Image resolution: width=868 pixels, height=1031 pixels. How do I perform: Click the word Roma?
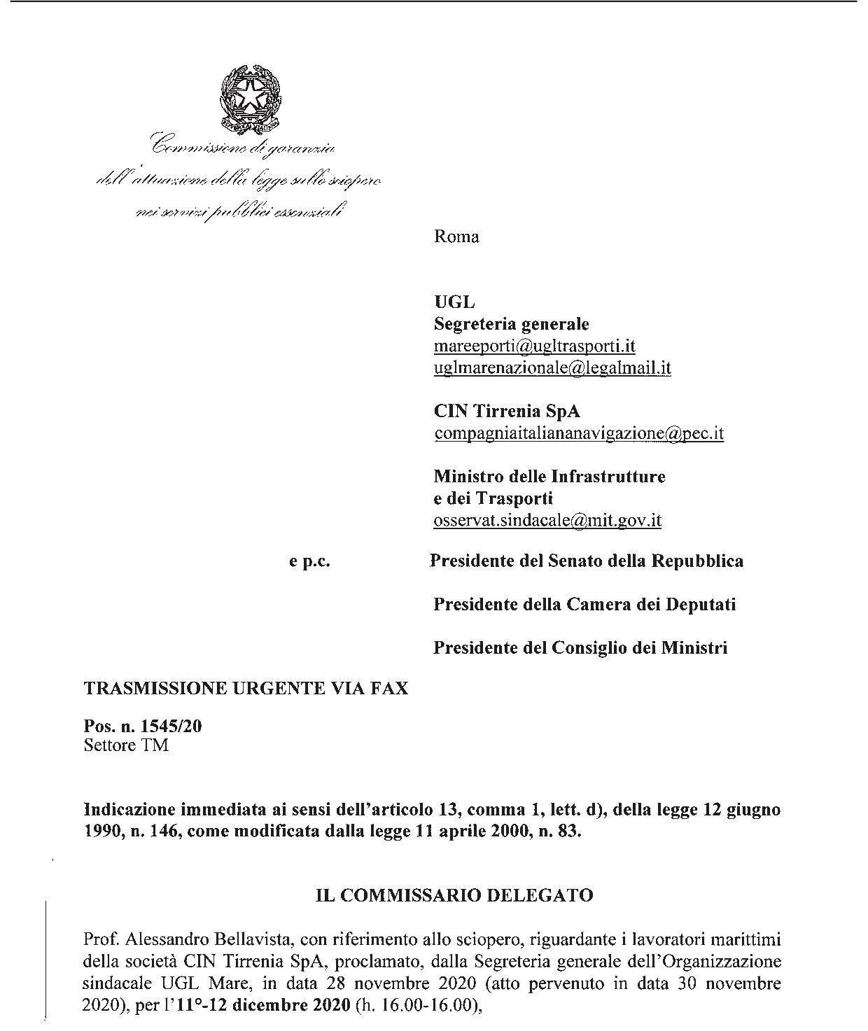pos(456,237)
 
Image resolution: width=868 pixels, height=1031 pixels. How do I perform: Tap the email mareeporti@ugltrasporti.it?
pos(535,346)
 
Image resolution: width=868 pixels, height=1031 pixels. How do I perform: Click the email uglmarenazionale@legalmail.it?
pos(552,367)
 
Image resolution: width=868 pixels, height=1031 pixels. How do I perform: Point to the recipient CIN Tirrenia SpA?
pos(507,411)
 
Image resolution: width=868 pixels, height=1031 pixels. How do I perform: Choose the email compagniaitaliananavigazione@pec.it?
pos(579,433)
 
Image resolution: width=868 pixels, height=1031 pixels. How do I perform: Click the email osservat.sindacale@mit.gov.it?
pos(547,520)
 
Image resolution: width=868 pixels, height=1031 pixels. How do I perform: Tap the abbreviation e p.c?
pos(309,561)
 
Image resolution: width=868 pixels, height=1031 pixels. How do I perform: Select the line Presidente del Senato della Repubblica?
pos(587,561)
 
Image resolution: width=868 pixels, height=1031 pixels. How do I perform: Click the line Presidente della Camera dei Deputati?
pos(584,604)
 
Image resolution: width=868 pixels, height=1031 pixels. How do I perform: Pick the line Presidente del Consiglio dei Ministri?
pos(580,647)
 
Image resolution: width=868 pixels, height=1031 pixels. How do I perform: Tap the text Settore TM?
pos(126,745)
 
